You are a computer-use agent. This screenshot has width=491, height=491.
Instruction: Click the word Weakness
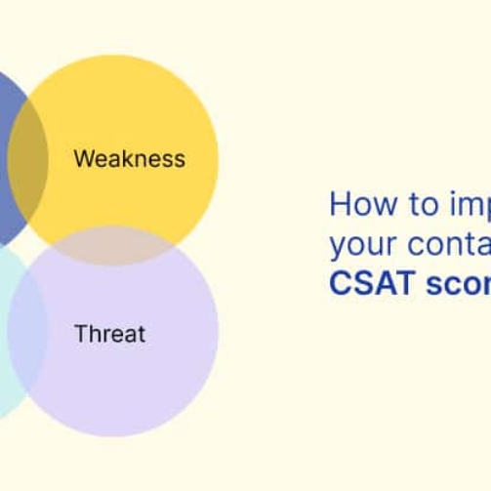(x=129, y=158)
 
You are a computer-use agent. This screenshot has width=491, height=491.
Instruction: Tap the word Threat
(x=109, y=334)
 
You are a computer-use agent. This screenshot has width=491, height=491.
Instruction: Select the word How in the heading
(x=354, y=204)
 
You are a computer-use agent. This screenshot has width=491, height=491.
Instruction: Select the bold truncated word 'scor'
(x=459, y=284)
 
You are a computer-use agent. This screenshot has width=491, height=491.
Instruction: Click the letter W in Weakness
(x=84, y=158)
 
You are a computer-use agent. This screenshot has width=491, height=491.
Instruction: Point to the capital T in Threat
(x=80, y=334)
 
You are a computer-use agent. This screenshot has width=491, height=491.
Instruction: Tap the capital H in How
(x=339, y=204)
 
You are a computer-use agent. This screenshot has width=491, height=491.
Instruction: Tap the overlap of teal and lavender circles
(x=27, y=332)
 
